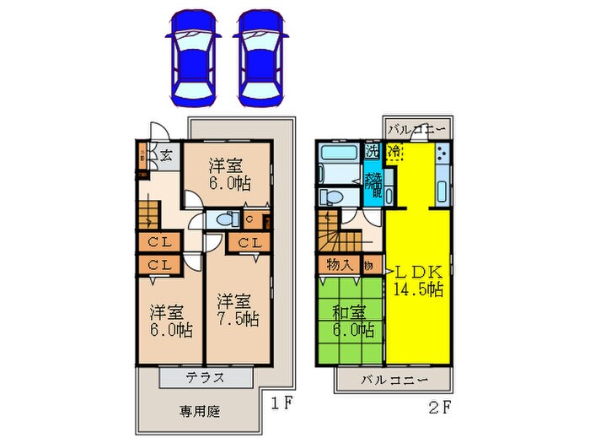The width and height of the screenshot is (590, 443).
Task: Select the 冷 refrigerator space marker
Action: coord(394,152)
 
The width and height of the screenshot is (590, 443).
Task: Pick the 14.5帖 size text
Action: coord(419,289)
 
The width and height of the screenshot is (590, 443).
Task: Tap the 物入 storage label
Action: coord(339,265)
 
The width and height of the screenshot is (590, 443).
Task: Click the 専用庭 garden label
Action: coord(199,412)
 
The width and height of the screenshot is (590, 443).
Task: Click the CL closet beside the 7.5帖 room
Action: coord(248,244)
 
